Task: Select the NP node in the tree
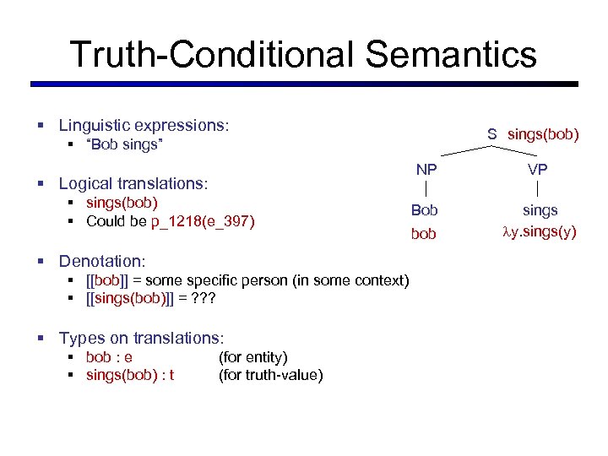[426, 170]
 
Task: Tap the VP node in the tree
[538, 170]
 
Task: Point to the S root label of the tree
[491, 134]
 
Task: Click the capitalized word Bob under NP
[424, 209]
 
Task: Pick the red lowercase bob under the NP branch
[424, 233]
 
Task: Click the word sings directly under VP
[540, 209]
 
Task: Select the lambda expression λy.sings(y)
[540, 232]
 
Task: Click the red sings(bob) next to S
[543, 134]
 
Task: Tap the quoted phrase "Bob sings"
[124, 145]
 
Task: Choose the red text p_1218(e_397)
[203, 221]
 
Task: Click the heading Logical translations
[133, 183]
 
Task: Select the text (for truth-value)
[270, 375]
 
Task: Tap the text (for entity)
[253, 357]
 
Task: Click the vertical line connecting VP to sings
[538, 190]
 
